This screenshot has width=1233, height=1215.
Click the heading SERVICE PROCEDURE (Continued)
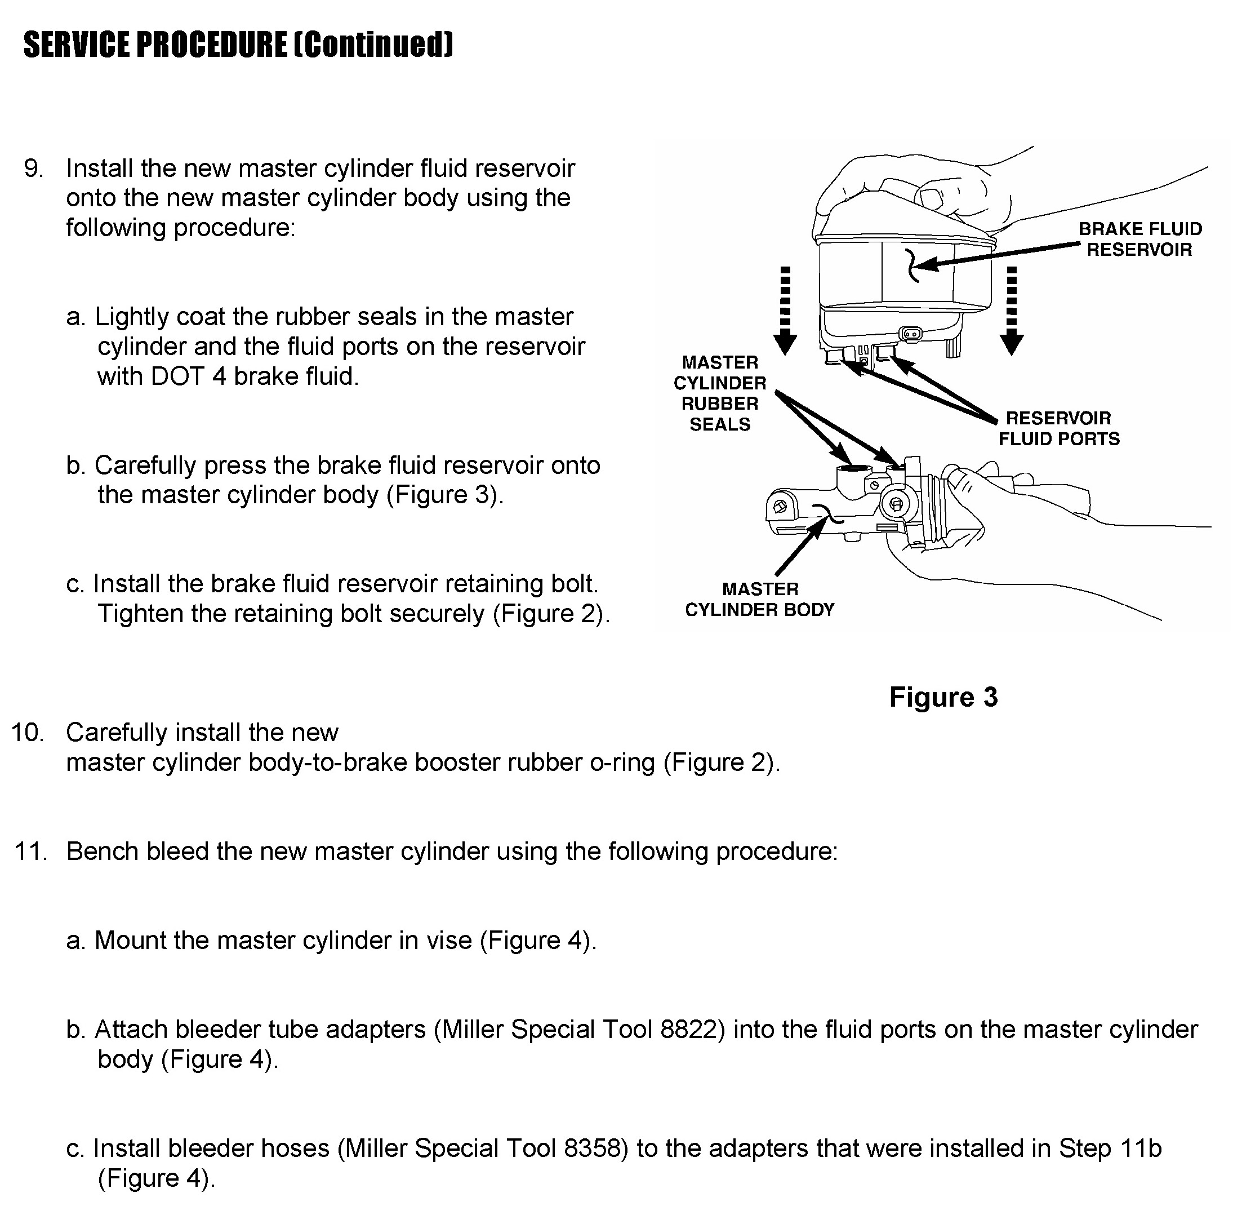pyautogui.click(x=238, y=45)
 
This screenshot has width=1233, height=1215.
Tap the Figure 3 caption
pyautogui.click(x=943, y=697)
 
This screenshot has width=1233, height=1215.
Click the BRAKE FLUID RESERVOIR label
pyautogui.click(x=1139, y=240)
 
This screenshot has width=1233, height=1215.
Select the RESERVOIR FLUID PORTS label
pyautogui.click(x=1058, y=428)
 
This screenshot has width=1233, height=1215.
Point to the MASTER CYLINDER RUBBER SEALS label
pyautogui.click(x=719, y=393)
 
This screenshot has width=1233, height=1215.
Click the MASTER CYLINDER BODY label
pyautogui.click(x=759, y=599)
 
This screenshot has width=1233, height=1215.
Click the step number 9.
pyautogui.click(x=33, y=169)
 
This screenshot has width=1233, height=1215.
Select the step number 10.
pyautogui.click(x=28, y=733)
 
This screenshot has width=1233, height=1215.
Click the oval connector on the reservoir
pyautogui.click(x=911, y=333)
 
